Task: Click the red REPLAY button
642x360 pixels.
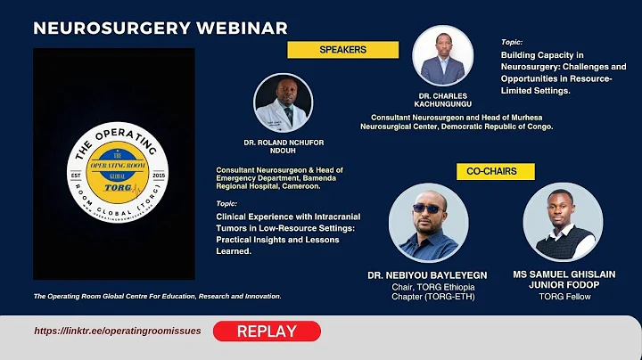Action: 267,331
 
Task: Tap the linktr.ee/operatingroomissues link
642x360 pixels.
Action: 118,331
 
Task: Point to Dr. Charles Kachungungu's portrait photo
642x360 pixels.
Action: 448,55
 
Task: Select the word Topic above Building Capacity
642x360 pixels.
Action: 512,42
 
